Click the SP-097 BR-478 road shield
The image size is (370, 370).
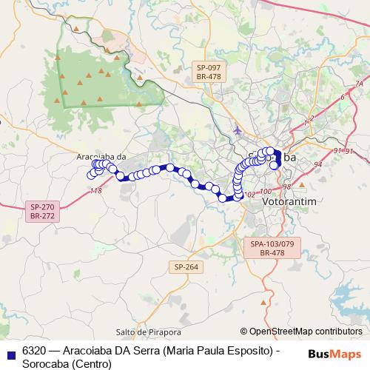tap(209, 72)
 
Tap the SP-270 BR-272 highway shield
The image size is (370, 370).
tap(43, 211)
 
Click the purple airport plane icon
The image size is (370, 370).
tap(236, 132)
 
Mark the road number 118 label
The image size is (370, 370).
tap(95, 192)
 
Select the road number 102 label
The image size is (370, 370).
tap(249, 195)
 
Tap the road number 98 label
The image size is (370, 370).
tap(286, 186)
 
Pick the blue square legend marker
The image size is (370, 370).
tap(10, 352)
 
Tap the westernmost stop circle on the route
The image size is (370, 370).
tap(91, 175)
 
